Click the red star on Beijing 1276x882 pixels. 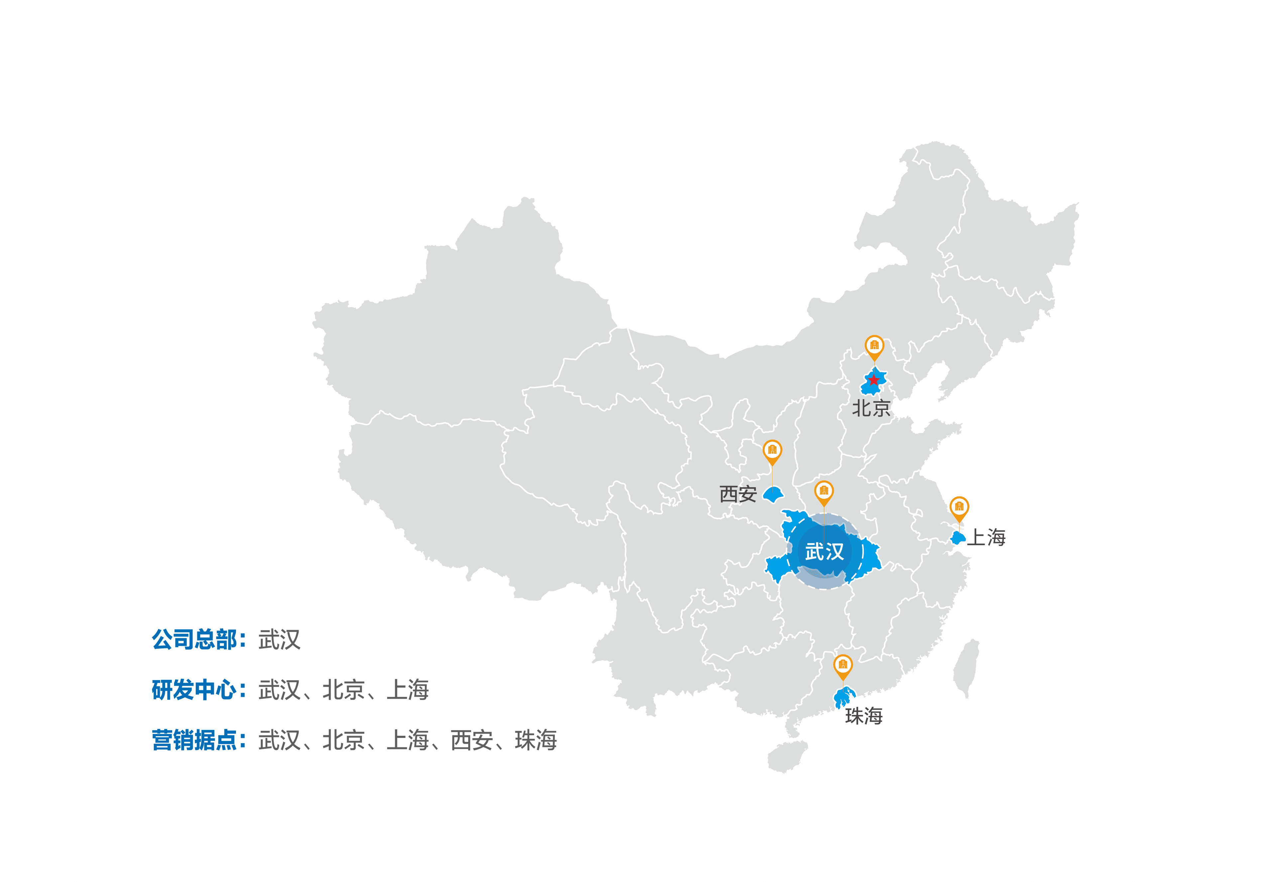pyautogui.click(x=873, y=380)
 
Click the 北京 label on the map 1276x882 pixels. pyautogui.click(x=871, y=408)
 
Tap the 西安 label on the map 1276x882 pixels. pyautogui.click(x=738, y=494)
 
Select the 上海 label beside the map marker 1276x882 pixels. pyautogui.click(x=986, y=537)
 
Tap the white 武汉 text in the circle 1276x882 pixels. pyautogui.click(x=824, y=551)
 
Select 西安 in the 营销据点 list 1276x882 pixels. pyautogui.click(x=471, y=741)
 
